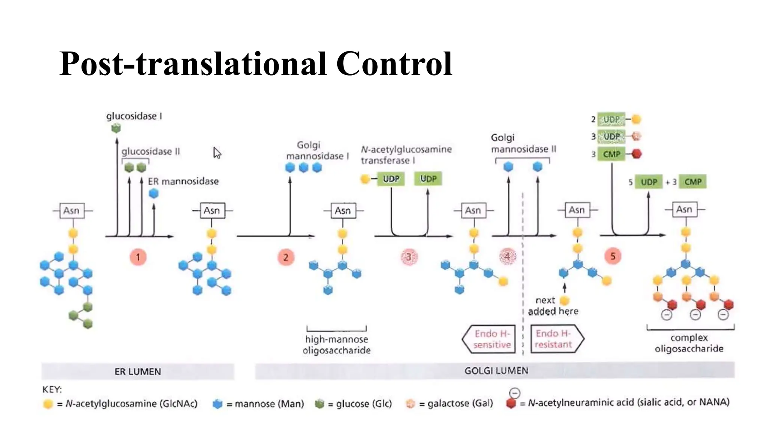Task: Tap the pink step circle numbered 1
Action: (138, 257)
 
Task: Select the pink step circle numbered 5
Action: (613, 256)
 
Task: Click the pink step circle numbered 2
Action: (286, 257)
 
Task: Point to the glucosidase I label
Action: (134, 116)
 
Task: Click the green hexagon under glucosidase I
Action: (116, 128)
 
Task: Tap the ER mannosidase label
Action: (183, 182)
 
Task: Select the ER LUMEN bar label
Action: (137, 371)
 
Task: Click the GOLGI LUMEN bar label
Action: (496, 371)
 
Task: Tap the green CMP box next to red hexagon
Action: (611, 154)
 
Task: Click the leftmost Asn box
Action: (71, 210)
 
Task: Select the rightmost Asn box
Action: (684, 209)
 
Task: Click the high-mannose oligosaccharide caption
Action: (336, 345)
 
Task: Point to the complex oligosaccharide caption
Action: (689, 343)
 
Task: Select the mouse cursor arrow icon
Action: (217, 153)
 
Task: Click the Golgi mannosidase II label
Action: (523, 144)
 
